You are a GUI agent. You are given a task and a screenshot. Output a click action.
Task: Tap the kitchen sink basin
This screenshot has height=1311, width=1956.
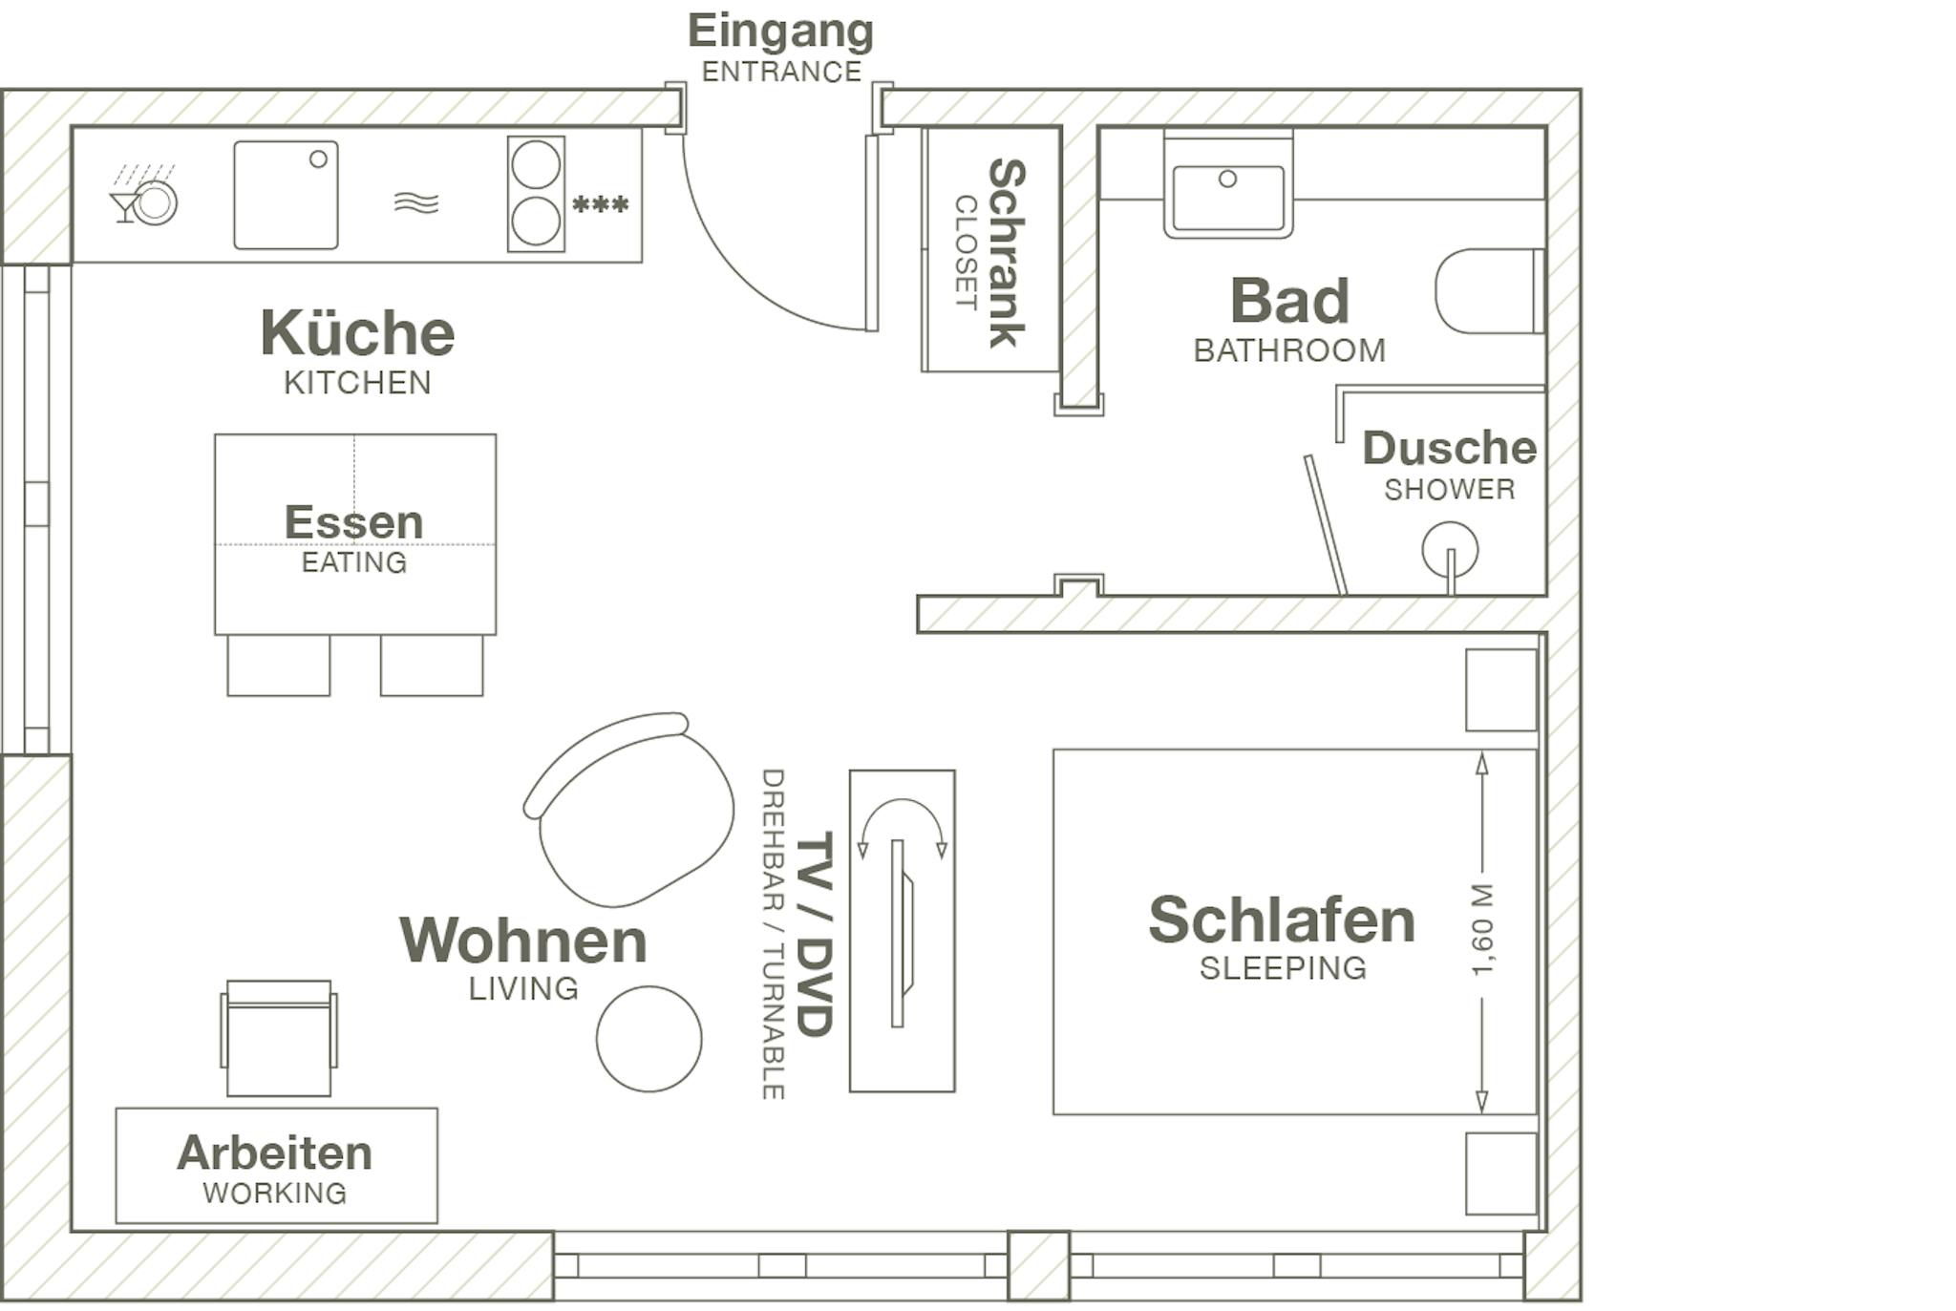[286, 195]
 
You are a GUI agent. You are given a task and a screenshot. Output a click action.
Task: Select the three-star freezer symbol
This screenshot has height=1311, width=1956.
[600, 204]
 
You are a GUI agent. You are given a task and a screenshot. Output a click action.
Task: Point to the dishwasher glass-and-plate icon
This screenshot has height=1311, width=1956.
[144, 196]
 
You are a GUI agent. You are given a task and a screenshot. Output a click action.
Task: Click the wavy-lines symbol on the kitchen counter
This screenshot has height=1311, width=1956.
[416, 202]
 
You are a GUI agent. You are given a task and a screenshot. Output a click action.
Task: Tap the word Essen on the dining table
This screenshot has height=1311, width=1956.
[353, 521]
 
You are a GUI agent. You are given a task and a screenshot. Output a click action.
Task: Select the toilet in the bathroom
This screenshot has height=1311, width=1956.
[1490, 291]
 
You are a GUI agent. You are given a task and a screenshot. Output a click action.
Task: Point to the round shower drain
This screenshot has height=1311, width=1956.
[1450, 550]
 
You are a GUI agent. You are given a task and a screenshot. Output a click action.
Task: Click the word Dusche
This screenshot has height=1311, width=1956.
[1449, 447]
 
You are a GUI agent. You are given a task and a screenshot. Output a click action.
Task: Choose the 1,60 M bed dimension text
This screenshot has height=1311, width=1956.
[1481, 930]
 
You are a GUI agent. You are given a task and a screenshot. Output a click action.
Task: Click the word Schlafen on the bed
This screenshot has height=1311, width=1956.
[1282, 920]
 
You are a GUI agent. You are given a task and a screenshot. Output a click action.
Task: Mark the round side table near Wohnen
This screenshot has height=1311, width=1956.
[648, 1039]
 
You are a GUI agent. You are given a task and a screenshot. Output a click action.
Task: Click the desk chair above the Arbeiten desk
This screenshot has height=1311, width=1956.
[279, 1038]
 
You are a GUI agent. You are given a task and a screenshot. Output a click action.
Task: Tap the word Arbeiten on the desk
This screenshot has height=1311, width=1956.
[275, 1152]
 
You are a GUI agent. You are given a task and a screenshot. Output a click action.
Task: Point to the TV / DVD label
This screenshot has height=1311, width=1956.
[815, 933]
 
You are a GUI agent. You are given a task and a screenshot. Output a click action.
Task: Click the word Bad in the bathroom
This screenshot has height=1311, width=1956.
[1289, 301]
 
